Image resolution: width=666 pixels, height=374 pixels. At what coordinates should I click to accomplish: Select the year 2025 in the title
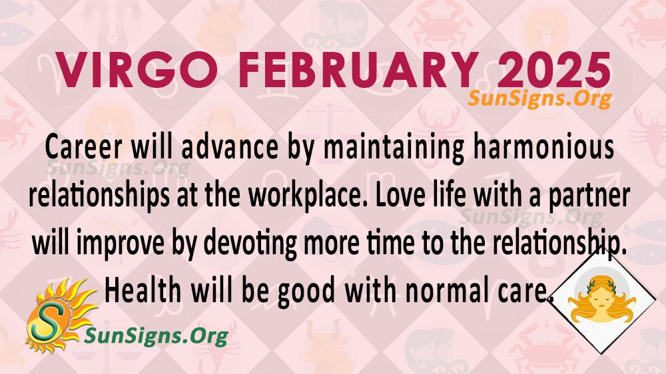(x=553, y=71)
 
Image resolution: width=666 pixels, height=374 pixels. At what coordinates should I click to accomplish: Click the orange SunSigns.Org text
(x=539, y=99)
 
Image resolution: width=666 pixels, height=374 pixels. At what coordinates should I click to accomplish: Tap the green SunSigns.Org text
(x=156, y=336)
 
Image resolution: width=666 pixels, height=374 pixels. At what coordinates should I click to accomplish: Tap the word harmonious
(x=543, y=147)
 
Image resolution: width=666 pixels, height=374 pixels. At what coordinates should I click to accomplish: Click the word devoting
(x=250, y=245)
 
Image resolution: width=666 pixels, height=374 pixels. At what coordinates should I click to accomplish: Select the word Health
(x=143, y=290)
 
